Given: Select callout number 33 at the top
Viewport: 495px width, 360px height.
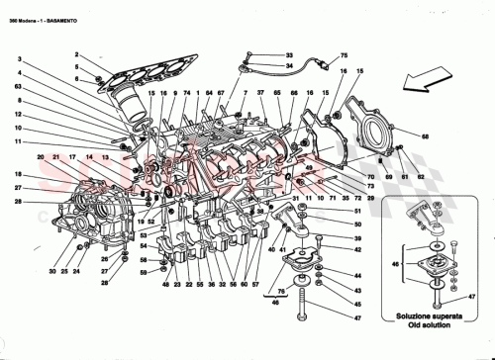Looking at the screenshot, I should click(289, 54).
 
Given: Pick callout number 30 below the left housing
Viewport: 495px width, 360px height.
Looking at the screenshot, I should click(38, 271).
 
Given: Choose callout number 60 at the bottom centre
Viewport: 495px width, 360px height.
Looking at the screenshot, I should click(244, 285).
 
